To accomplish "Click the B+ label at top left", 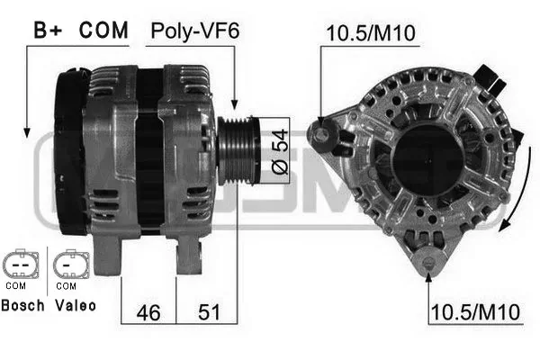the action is point(48,30).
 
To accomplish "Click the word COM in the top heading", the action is point(103,30).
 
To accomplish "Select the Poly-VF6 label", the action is point(195,31).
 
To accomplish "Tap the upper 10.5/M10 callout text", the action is point(371,33).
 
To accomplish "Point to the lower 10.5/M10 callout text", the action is point(475,312).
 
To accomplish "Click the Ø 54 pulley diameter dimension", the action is point(280,151).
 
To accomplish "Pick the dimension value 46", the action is point(148,312).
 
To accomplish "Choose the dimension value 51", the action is point(209,312).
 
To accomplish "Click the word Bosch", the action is point(23,305).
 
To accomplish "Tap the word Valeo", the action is point(76,305).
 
